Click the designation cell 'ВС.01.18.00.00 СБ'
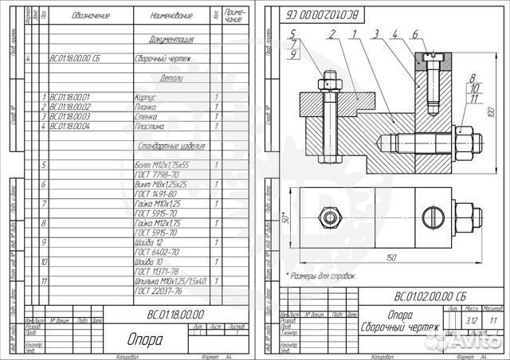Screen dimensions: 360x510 [x=74, y=58]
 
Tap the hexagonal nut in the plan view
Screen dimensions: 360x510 [x=329, y=216]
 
